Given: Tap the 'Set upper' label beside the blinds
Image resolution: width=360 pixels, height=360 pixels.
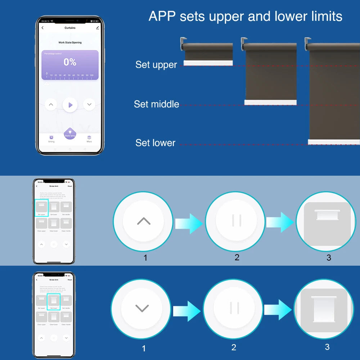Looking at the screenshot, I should [x=156, y=65].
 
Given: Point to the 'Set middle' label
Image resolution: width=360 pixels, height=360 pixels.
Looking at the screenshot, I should [x=156, y=104].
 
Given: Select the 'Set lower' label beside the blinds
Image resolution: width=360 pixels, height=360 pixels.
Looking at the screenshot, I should [x=155, y=143].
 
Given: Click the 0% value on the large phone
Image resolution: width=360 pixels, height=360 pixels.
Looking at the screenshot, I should [x=70, y=62].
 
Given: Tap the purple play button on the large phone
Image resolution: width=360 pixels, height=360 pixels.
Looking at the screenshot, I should [x=70, y=105].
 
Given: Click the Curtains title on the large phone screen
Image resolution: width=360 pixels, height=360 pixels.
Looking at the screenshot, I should [x=70, y=28].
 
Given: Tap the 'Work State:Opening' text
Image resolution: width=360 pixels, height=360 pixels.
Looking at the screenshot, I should [x=70, y=42].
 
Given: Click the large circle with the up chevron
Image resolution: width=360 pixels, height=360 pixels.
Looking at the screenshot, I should [x=143, y=221].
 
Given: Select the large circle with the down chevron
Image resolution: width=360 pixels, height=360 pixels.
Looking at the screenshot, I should [x=141, y=309].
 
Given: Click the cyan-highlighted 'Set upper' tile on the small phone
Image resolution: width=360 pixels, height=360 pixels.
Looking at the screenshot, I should [x=41, y=207].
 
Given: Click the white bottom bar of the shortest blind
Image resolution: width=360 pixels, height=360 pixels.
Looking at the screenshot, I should [x=208, y=63].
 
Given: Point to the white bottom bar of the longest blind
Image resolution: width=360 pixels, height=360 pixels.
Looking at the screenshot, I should [x=333, y=142].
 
